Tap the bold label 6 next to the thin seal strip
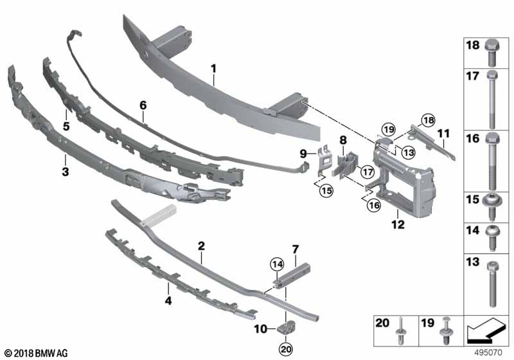pyautogui.click(x=143, y=104)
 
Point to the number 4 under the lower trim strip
pyautogui.click(x=168, y=300)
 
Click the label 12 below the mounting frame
pyautogui.click(x=398, y=224)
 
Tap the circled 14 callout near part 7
pyautogui.click(x=276, y=264)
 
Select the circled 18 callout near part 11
pyautogui.click(x=428, y=120)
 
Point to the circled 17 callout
pyautogui.click(x=367, y=172)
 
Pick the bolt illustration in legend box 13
pyautogui.click(x=493, y=283)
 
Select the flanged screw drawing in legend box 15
pyautogui.click(x=493, y=202)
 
